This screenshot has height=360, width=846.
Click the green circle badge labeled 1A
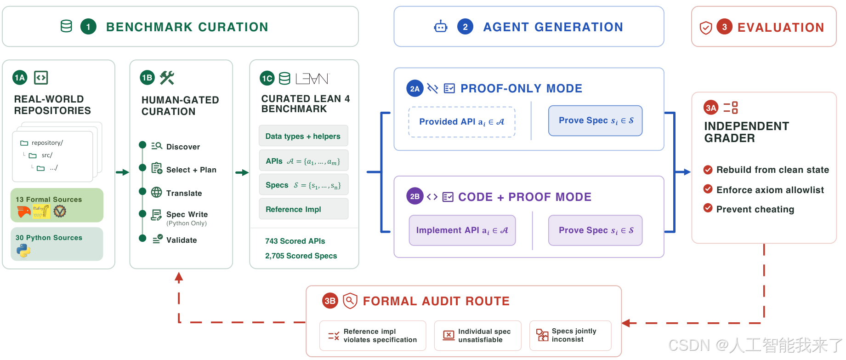coord(20,78)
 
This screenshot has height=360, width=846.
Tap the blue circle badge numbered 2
coord(465,27)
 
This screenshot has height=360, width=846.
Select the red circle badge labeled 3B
coord(330,301)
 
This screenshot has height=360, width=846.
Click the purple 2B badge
coord(414,196)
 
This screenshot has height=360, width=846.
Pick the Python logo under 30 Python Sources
coord(23,251)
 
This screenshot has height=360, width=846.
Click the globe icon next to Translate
coord(157,192)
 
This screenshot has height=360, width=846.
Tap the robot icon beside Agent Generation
coord(440,27)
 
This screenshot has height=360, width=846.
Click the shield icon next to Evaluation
coord(706,28)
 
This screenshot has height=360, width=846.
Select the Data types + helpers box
coord(303,136)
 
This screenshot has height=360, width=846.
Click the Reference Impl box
coord(303,209)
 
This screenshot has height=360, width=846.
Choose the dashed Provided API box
coord(462,122)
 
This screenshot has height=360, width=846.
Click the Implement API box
coord(462,230)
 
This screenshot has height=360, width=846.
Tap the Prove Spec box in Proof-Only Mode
coord(596,120)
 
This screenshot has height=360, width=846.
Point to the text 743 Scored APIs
coord(295,241)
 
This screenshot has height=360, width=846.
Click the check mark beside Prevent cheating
coord(708,208)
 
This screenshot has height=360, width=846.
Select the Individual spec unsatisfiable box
coord(478,336)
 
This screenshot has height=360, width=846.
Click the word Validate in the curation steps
coord(182,240)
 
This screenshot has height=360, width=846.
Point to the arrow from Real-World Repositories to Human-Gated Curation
coord(122,172)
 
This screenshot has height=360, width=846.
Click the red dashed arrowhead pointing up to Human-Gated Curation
coord(179,277)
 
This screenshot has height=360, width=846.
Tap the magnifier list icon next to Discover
coord(157,146)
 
